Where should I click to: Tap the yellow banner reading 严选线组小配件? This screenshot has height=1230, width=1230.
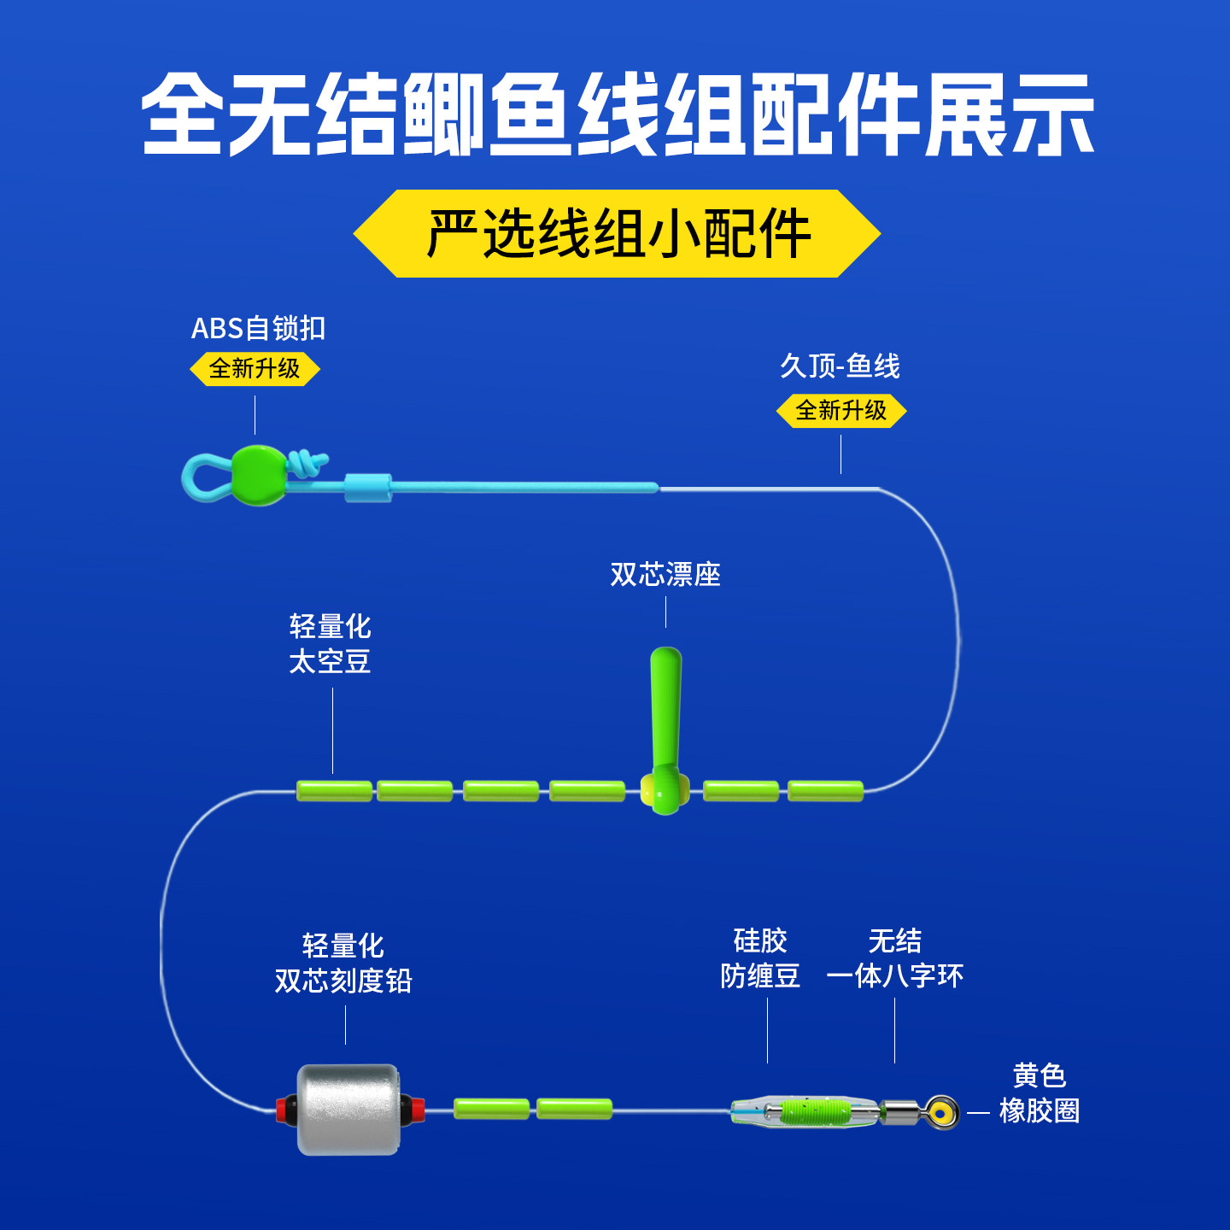pyautogui.click(x=617, y=233)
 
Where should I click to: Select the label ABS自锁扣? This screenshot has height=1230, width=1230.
pyautogui.click(x=258, y=328)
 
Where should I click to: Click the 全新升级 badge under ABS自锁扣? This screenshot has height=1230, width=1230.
pyautogui.click(x=255, y=369)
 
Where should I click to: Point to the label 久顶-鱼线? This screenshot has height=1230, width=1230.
pyautogui.click(x=840, y=366)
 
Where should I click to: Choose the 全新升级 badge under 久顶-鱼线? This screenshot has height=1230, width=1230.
pyautogui.click(x=840, y=411)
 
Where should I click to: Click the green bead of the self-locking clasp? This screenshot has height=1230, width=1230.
pyautogui.click(x=258, y=475)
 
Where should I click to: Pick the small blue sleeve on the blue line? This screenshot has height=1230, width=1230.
pyautogui.click(x=367, y=488)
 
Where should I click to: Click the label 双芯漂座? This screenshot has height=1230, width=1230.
pyautogui.click(x=665, y=575)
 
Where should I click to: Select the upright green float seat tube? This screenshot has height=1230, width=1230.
pyautogui.click(x=665, y=709)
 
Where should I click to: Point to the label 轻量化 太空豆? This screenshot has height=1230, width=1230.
pyautogui.click(x=330, y=644)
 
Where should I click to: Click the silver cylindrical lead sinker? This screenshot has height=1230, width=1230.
pyautogui.click(x=348, y=1109)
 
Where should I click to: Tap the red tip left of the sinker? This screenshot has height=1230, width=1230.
pyautogui.click(x=280, y=1109)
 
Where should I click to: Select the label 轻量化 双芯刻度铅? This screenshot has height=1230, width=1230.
pyautogui.click(x=343, y=963)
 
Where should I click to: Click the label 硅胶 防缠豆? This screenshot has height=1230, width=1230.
pyautogui.click(x=760, y=958)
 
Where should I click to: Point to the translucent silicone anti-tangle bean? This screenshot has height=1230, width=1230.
pyautogui.click(x=803, y=1111)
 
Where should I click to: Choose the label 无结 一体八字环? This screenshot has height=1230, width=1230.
pyautogui.click(x=894, y=958)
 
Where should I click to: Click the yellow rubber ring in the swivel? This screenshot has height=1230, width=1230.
pyautogui.click(x=941, y=1112)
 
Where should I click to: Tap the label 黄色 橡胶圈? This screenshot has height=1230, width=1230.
pyautogui.click(x=1039, y=1093)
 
